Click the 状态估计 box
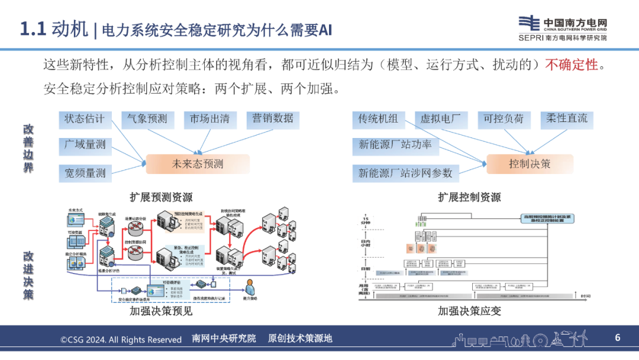click(85, 119)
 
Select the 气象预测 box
click(147, 119)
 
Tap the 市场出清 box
click(209, 119)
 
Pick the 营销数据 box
click(273, 119)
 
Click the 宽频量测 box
click(85, 173)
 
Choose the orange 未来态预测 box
click(198, 164)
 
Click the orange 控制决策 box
click(530, 164)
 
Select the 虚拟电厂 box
click(440, 119)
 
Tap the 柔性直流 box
click(567, 119)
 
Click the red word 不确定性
click(572, 65)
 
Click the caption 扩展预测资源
click(161, 197)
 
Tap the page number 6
click(617, 338)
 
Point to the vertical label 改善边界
click(28, 148)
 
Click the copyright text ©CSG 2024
click(121, 339)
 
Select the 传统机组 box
click(378, 119)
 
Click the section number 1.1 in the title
click(33, 29)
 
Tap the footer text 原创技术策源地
click(300, 339)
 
